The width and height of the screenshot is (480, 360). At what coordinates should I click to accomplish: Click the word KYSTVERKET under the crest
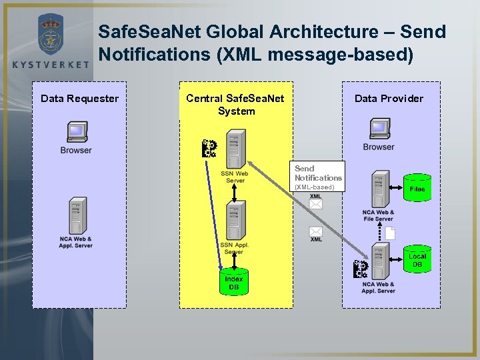click(51, 65)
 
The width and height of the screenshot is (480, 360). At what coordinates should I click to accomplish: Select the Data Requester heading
click(79, 99)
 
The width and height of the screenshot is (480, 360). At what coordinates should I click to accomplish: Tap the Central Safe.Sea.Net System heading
click(235, 105)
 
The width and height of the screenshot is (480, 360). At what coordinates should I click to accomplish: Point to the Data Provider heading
click(389, 99)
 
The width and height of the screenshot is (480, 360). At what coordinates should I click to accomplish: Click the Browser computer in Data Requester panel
click(77, 132)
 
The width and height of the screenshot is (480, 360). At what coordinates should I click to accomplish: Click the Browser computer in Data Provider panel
click(379, 128)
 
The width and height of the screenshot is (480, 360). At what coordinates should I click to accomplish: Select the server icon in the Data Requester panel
click(77, 215)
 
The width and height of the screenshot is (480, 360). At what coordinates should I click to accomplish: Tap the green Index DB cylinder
click(234, 281)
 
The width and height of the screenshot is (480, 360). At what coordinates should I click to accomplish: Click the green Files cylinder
click(417, 188)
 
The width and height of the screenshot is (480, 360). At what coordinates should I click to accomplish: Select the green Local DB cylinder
click(417, 260)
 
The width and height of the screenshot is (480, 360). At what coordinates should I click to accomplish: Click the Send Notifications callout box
click(319, 177)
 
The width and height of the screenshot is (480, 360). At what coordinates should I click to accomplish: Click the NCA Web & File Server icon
click(380, 189)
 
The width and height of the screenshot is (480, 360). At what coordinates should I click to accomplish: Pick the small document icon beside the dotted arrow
click(390, 233)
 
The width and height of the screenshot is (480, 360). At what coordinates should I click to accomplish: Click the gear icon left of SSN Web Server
click(209, 148)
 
